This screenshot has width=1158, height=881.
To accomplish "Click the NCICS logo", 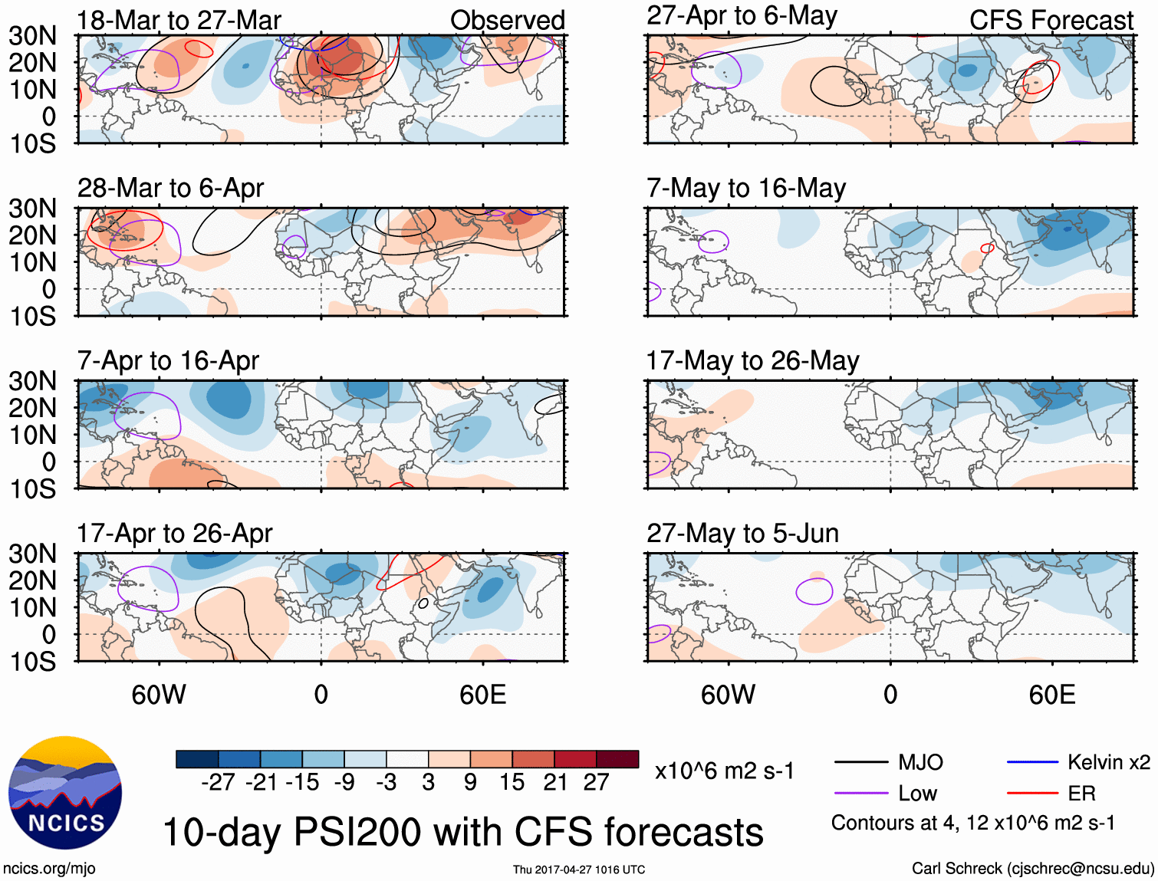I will pyautogui.click(x=64, y=794).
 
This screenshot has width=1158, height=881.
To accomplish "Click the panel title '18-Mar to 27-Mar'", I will pyautogui.click(x=179, y=21).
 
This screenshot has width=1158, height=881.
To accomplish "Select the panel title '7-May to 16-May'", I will pyautogui.click(x=746, y=188).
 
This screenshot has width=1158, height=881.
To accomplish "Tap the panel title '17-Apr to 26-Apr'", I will pyautogui.click(x=174, y=533).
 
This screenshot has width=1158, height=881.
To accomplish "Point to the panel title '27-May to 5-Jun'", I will pyautogui.click(x=742, y=533).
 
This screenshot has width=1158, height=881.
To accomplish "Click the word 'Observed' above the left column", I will pyautogui.click(x=507, y=21).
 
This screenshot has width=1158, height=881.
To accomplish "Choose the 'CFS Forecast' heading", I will pyautogui.click(x=1051, y=21).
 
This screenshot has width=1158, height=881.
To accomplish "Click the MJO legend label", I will pyautogui.click(x=920, y=762).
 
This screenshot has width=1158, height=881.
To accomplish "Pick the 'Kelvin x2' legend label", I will pyautogui.click(x=1108, y=762).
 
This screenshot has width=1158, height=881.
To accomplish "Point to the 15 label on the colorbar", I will pyautogui.click(x=512, y=782).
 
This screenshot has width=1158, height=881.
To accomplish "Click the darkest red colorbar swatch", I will pyautogui.click(x=617, y=759).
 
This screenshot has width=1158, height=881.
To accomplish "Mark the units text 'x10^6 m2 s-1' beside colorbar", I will pyautogui.click(x=724, y=771).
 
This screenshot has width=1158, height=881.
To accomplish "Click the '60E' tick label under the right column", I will pyautogui.click(x=1051, y=695).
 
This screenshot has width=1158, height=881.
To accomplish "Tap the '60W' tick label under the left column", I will pyautogui.click(x=159, y=695).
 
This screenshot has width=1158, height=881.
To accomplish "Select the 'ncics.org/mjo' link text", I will pyautogui.click(x=49, y=869).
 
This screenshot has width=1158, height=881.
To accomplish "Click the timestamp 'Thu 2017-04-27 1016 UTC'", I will pyautogui.click(x=579, y=869).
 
